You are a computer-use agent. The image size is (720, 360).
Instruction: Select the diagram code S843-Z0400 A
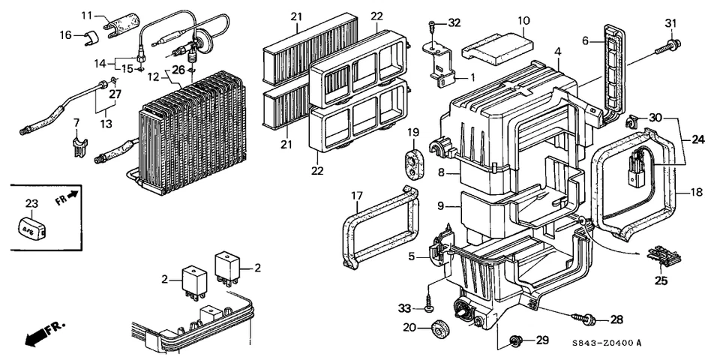(607, 343)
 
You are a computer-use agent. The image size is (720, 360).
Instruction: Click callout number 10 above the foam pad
(523, 21)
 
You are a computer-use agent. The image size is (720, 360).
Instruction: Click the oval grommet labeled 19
(413, 162)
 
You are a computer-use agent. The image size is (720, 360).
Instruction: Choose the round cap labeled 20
(440, 328)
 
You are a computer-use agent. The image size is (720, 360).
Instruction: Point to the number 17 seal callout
(357, 196)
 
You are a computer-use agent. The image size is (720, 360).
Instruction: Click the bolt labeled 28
(583, 318)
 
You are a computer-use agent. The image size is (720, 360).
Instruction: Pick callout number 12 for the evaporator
(153, 77)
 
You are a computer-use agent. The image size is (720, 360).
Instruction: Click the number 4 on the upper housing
(558, 52)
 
